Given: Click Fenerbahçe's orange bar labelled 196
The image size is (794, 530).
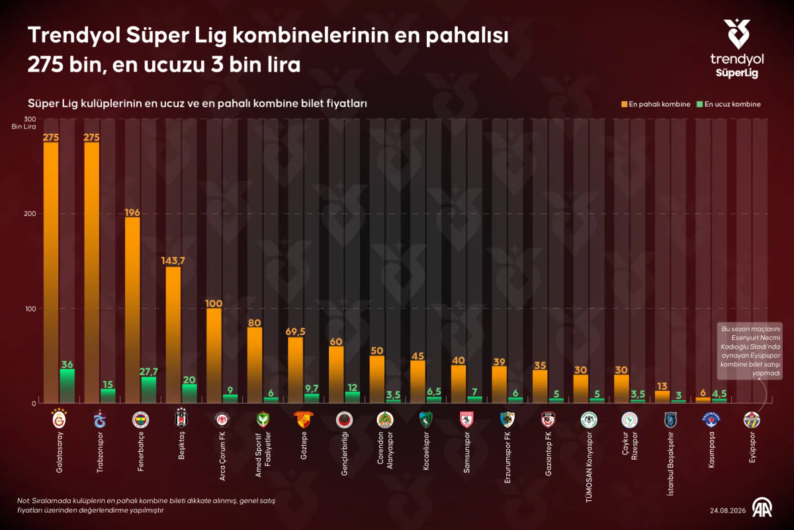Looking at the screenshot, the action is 132,310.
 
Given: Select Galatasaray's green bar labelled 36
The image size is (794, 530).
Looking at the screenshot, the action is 67,386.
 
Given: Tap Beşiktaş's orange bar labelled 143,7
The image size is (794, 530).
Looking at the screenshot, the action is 173,335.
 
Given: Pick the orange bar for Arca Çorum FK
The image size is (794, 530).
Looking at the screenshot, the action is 214,356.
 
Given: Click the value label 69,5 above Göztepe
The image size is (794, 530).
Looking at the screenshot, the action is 295,331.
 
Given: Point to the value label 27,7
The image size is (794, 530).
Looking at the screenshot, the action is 148,372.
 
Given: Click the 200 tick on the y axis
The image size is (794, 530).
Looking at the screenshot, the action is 30,214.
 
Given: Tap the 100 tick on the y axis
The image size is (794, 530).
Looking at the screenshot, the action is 30,309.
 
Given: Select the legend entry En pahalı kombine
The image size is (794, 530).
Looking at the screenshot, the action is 656,105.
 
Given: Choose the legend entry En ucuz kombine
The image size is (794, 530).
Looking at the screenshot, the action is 728,105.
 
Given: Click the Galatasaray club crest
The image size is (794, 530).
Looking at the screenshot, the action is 59,419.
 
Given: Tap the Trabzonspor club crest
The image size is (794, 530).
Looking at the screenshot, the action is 100,419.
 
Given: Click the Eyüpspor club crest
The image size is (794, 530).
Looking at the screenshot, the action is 752,419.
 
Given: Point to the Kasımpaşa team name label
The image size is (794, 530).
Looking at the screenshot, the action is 711,450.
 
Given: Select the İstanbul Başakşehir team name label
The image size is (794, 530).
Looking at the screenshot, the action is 670,464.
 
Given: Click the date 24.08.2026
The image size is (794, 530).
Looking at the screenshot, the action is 728,511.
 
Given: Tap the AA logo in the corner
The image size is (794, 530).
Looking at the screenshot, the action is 762,507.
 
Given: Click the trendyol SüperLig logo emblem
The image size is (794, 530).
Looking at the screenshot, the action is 736,34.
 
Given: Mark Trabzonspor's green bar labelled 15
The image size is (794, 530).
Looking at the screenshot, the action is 108,396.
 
